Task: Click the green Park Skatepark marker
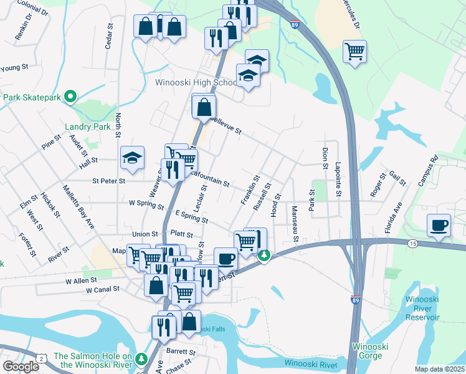[70, 97]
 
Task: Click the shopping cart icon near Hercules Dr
[354, 51]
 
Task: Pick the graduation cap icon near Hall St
[132, 158]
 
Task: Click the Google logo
[21, 366]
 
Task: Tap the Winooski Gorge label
[371, 351]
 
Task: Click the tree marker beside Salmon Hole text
[142, 359]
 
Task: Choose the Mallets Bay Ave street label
[78, 206]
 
